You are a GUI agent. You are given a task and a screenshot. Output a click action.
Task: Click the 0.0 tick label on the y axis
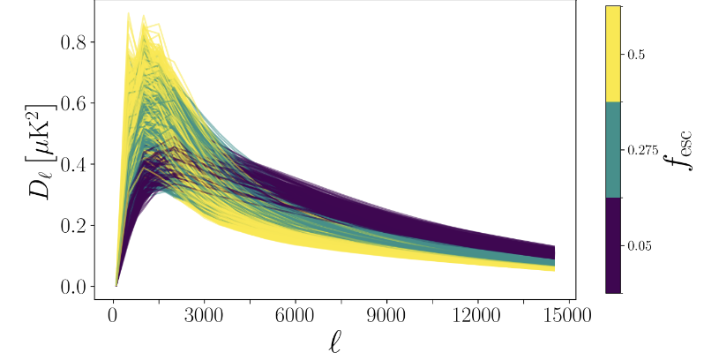74,287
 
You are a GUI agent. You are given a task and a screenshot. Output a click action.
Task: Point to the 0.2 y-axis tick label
74,226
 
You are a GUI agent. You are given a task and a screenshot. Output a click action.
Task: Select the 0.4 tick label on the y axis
74,165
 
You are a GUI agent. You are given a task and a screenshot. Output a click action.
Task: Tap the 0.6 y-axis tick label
74,104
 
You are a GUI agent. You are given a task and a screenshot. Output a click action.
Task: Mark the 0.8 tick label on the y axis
74,43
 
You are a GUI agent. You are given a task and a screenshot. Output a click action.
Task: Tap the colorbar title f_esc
679,149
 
